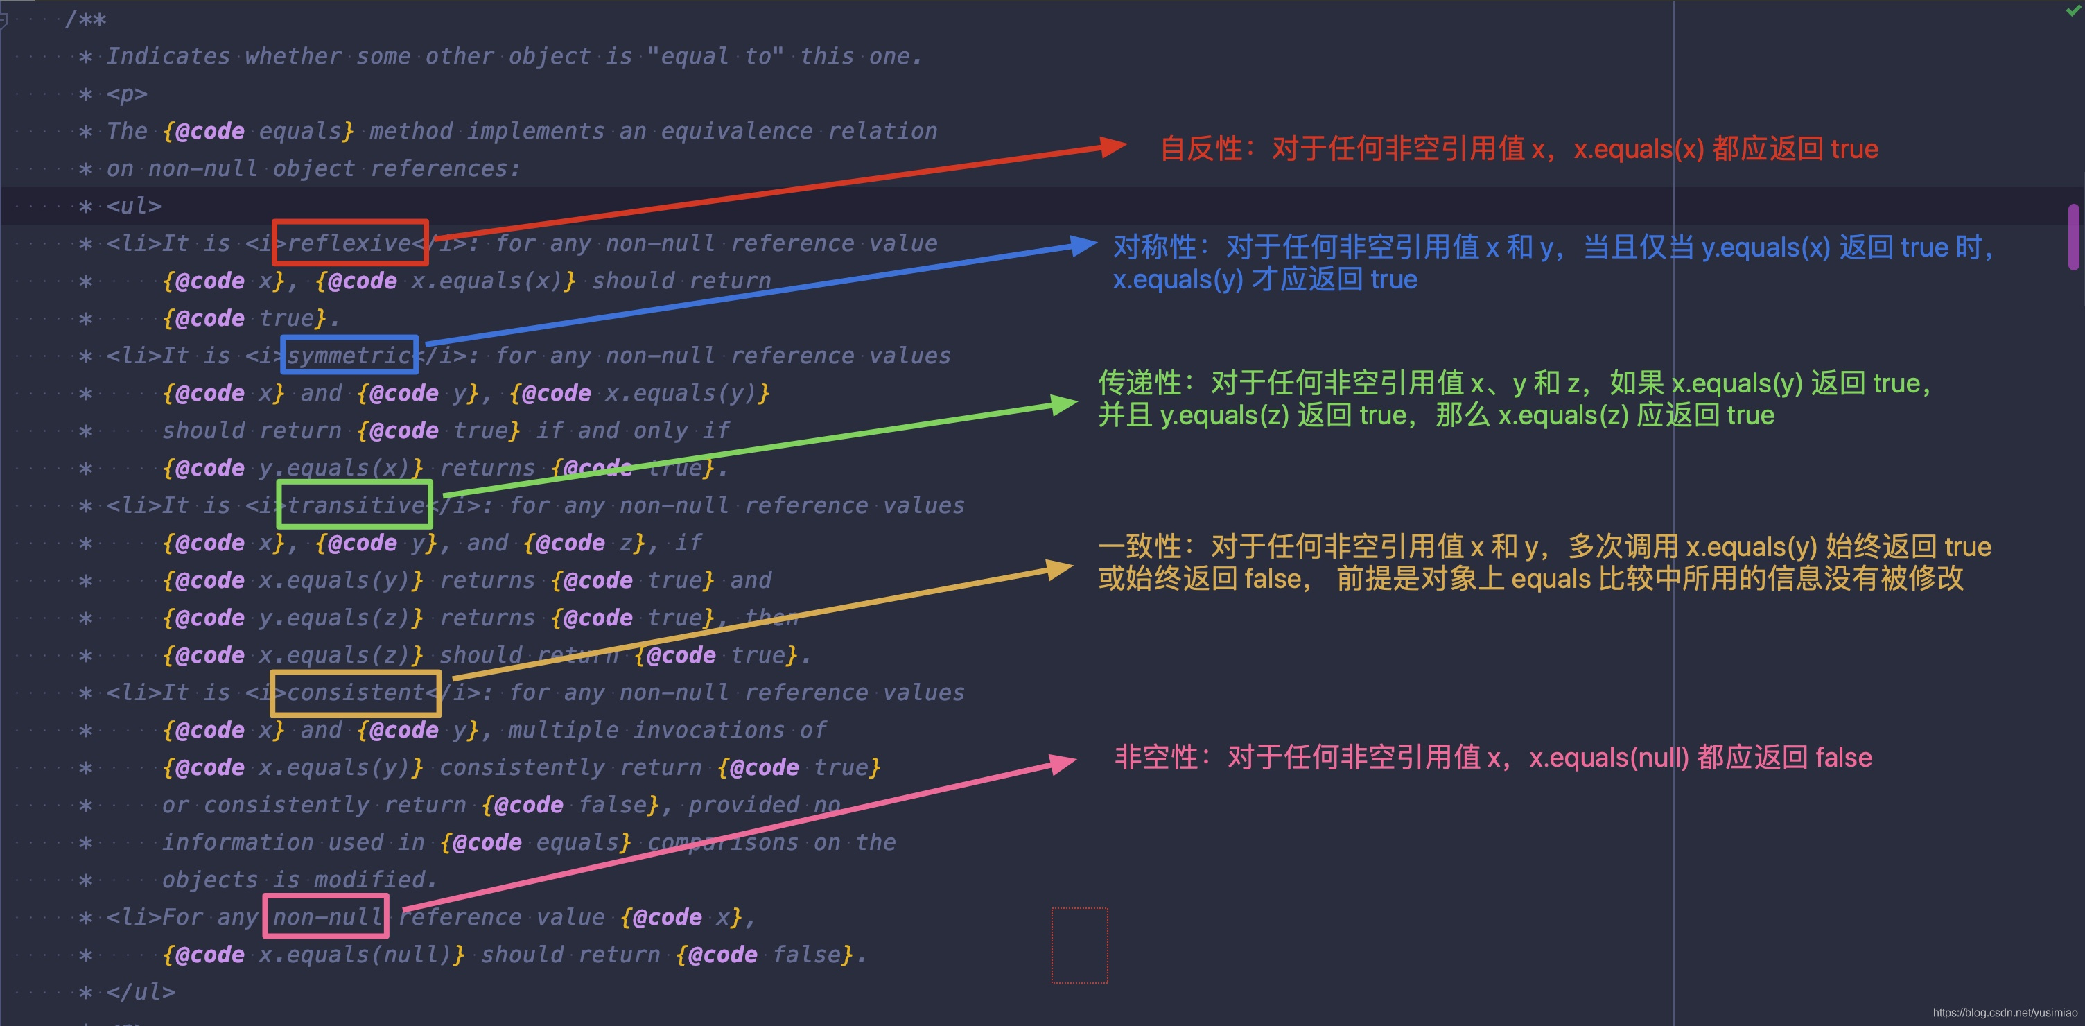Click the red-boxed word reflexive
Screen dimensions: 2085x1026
(x=349, y=243)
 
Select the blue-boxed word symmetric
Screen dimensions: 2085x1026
(x=349, y=356)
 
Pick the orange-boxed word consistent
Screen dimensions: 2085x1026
(x=356, y=693)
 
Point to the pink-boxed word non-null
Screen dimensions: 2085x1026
(x=326, y=916)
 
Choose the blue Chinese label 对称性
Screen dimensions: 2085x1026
(x=1154, y=247)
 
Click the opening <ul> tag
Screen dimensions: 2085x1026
(x=134, y=206)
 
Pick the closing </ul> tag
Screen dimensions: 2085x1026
(x=141, y=992)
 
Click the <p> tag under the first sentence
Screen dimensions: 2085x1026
(x=127, y=94)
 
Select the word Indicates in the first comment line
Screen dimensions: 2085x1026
(x=168, y=56)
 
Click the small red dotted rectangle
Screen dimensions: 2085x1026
(x=1079, y=945)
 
